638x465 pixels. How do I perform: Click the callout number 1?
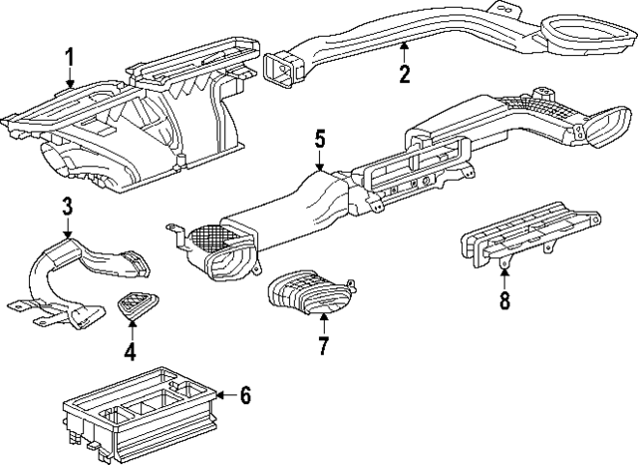coord(70,57)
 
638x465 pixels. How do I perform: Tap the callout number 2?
coord(404,74)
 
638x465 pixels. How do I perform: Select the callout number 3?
coord(67,206)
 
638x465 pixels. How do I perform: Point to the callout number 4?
coord(131,351)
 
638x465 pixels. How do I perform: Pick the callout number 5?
coord(320,140)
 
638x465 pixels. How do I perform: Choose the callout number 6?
coord(245,395)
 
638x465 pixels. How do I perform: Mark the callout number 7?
coord(323,346)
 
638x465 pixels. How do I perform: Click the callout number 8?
coord(504,300)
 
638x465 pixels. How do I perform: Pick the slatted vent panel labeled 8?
coord(529,236)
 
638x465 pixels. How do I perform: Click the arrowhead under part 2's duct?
coord(404,46)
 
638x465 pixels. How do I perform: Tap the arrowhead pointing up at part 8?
coord(504,272)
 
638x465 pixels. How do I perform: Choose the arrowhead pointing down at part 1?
coord(71,84)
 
